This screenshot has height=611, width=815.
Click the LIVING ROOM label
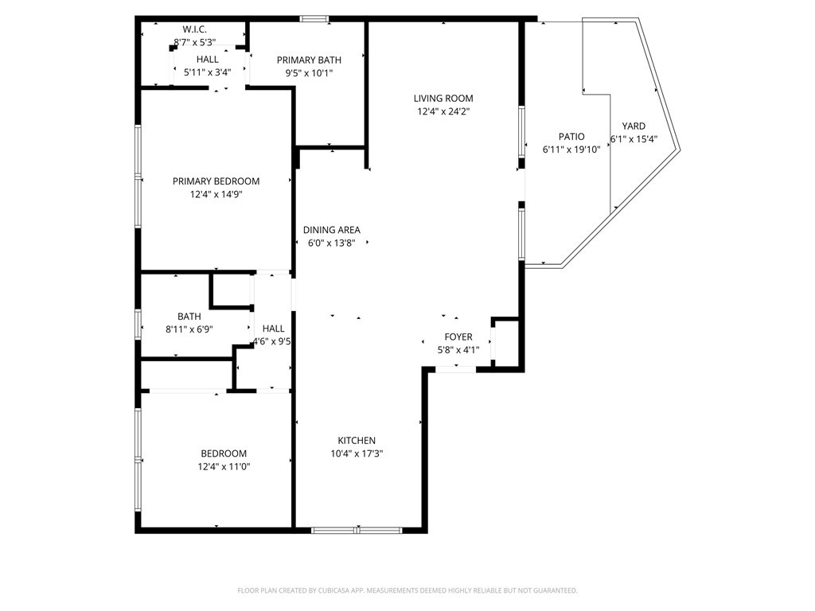pos(443,98)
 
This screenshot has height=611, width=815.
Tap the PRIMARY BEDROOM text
pos(216,181)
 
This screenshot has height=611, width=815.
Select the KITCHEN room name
pos(357,440)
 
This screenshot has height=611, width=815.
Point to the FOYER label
pos(458,337)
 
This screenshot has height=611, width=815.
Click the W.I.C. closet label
pos(194,29)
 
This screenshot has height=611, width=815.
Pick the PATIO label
pos(571,137)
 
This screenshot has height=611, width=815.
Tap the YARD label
pos(634,126)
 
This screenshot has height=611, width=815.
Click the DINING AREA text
pos(332,230)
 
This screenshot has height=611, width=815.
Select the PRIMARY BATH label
pos(309,60)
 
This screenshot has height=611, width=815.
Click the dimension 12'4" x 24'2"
pos(443,111)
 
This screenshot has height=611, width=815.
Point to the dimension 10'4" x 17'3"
pos(357,453)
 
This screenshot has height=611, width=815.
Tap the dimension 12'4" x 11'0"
pos(224,466)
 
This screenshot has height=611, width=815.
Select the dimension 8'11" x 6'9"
pos(189,329)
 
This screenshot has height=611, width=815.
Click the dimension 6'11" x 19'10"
pos(571,150)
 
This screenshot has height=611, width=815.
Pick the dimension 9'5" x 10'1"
pos(309,73)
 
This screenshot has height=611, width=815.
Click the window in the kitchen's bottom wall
pos(357,530)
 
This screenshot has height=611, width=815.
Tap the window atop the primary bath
pos(314,19)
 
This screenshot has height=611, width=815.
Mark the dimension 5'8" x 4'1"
pos(458,350)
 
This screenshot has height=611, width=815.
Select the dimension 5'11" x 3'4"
pos(208,72)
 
